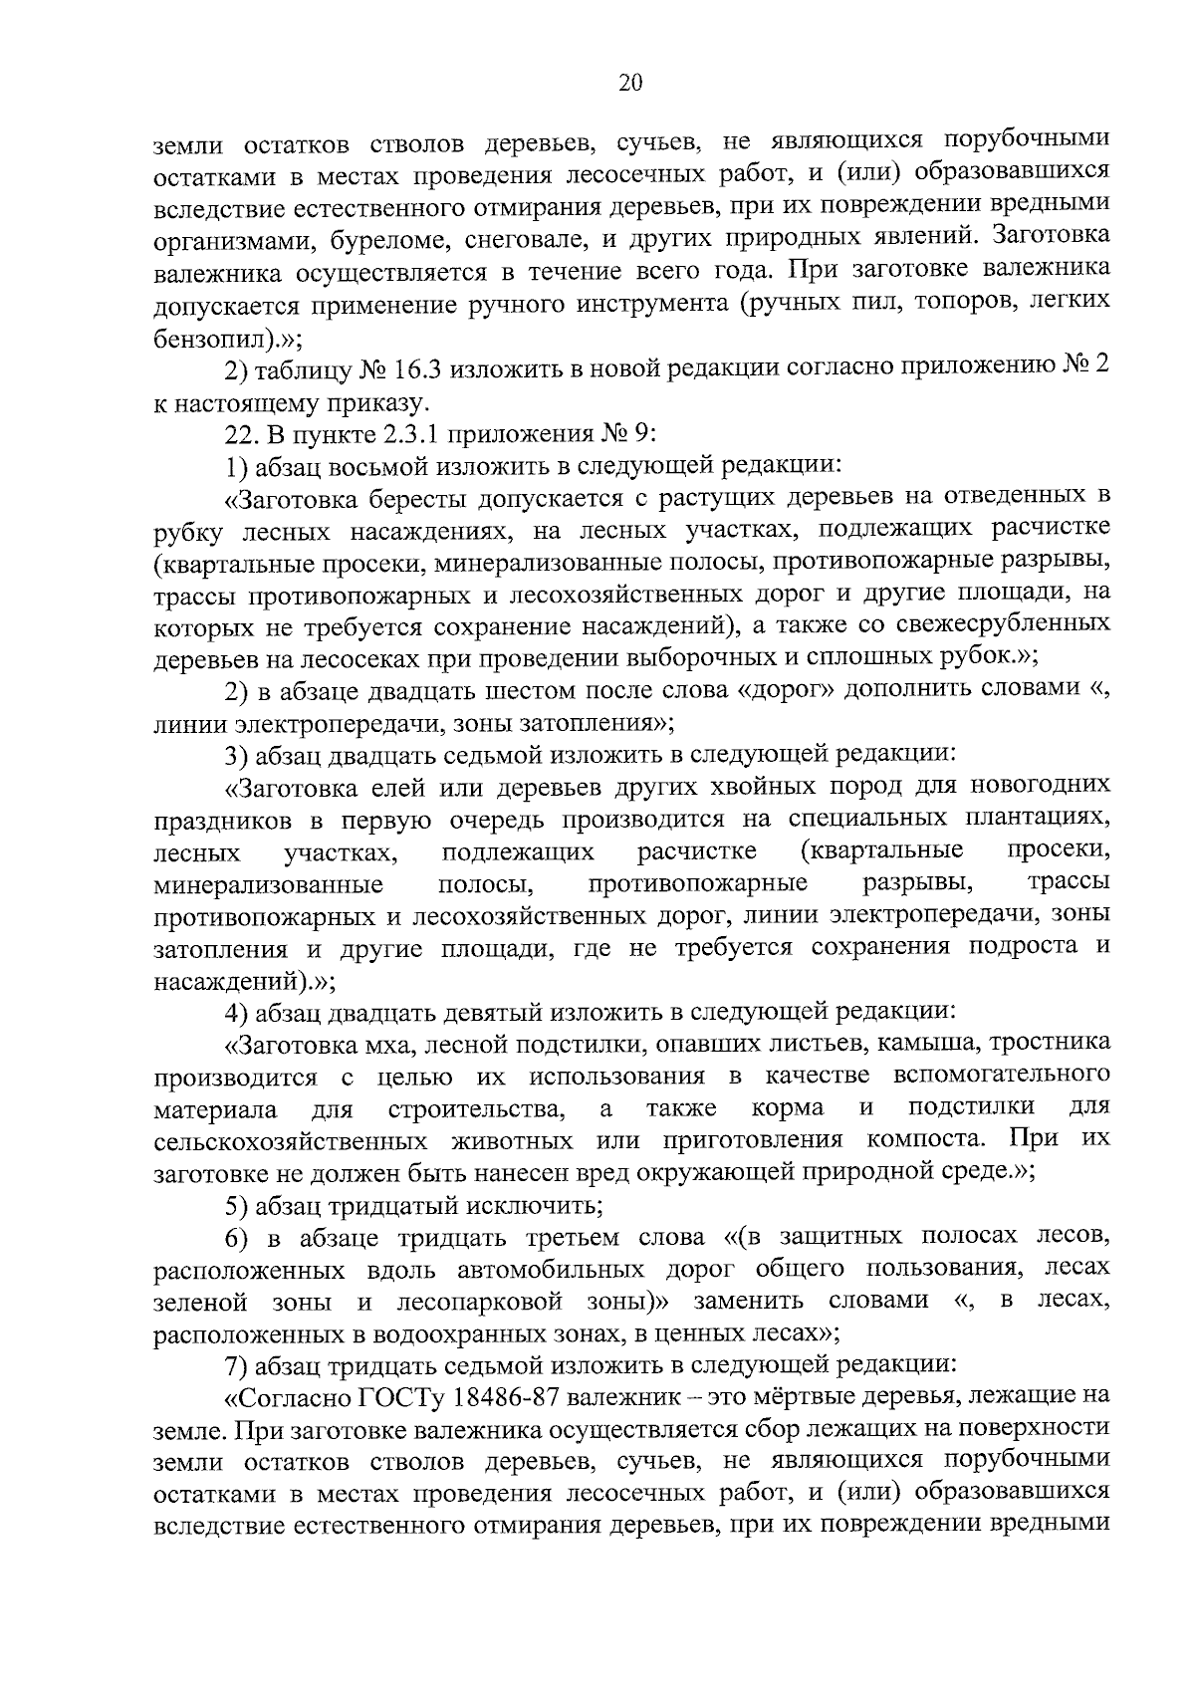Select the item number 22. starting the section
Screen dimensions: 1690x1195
[x=242, y=434]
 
